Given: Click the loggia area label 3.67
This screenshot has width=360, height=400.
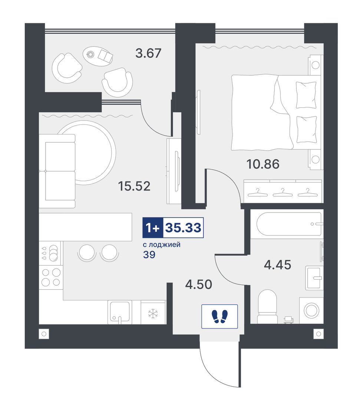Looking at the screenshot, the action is [148, 53].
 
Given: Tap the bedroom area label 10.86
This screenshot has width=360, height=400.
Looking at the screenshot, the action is [263, 164].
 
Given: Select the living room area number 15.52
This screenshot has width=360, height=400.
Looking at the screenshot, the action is [134, 186].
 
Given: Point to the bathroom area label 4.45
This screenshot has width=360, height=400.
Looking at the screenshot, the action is [277, 265].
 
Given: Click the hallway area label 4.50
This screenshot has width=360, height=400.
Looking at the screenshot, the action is [199, 284].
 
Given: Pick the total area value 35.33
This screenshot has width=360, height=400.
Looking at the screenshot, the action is [183, 227].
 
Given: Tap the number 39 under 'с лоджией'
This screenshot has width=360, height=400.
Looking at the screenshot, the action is [149, 254].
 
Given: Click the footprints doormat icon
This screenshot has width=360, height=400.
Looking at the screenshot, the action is [219, 316].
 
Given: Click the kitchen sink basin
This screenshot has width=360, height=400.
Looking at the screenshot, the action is [120, 311].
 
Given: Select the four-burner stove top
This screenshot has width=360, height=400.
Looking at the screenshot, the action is [51, 277].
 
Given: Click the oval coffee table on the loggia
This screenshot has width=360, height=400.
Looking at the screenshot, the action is [98, 56].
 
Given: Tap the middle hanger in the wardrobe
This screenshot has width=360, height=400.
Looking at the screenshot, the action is [282, 193].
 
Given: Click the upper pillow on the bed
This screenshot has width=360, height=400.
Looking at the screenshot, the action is [306, 95].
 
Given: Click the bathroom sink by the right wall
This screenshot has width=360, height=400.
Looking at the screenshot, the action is [314, 278].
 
